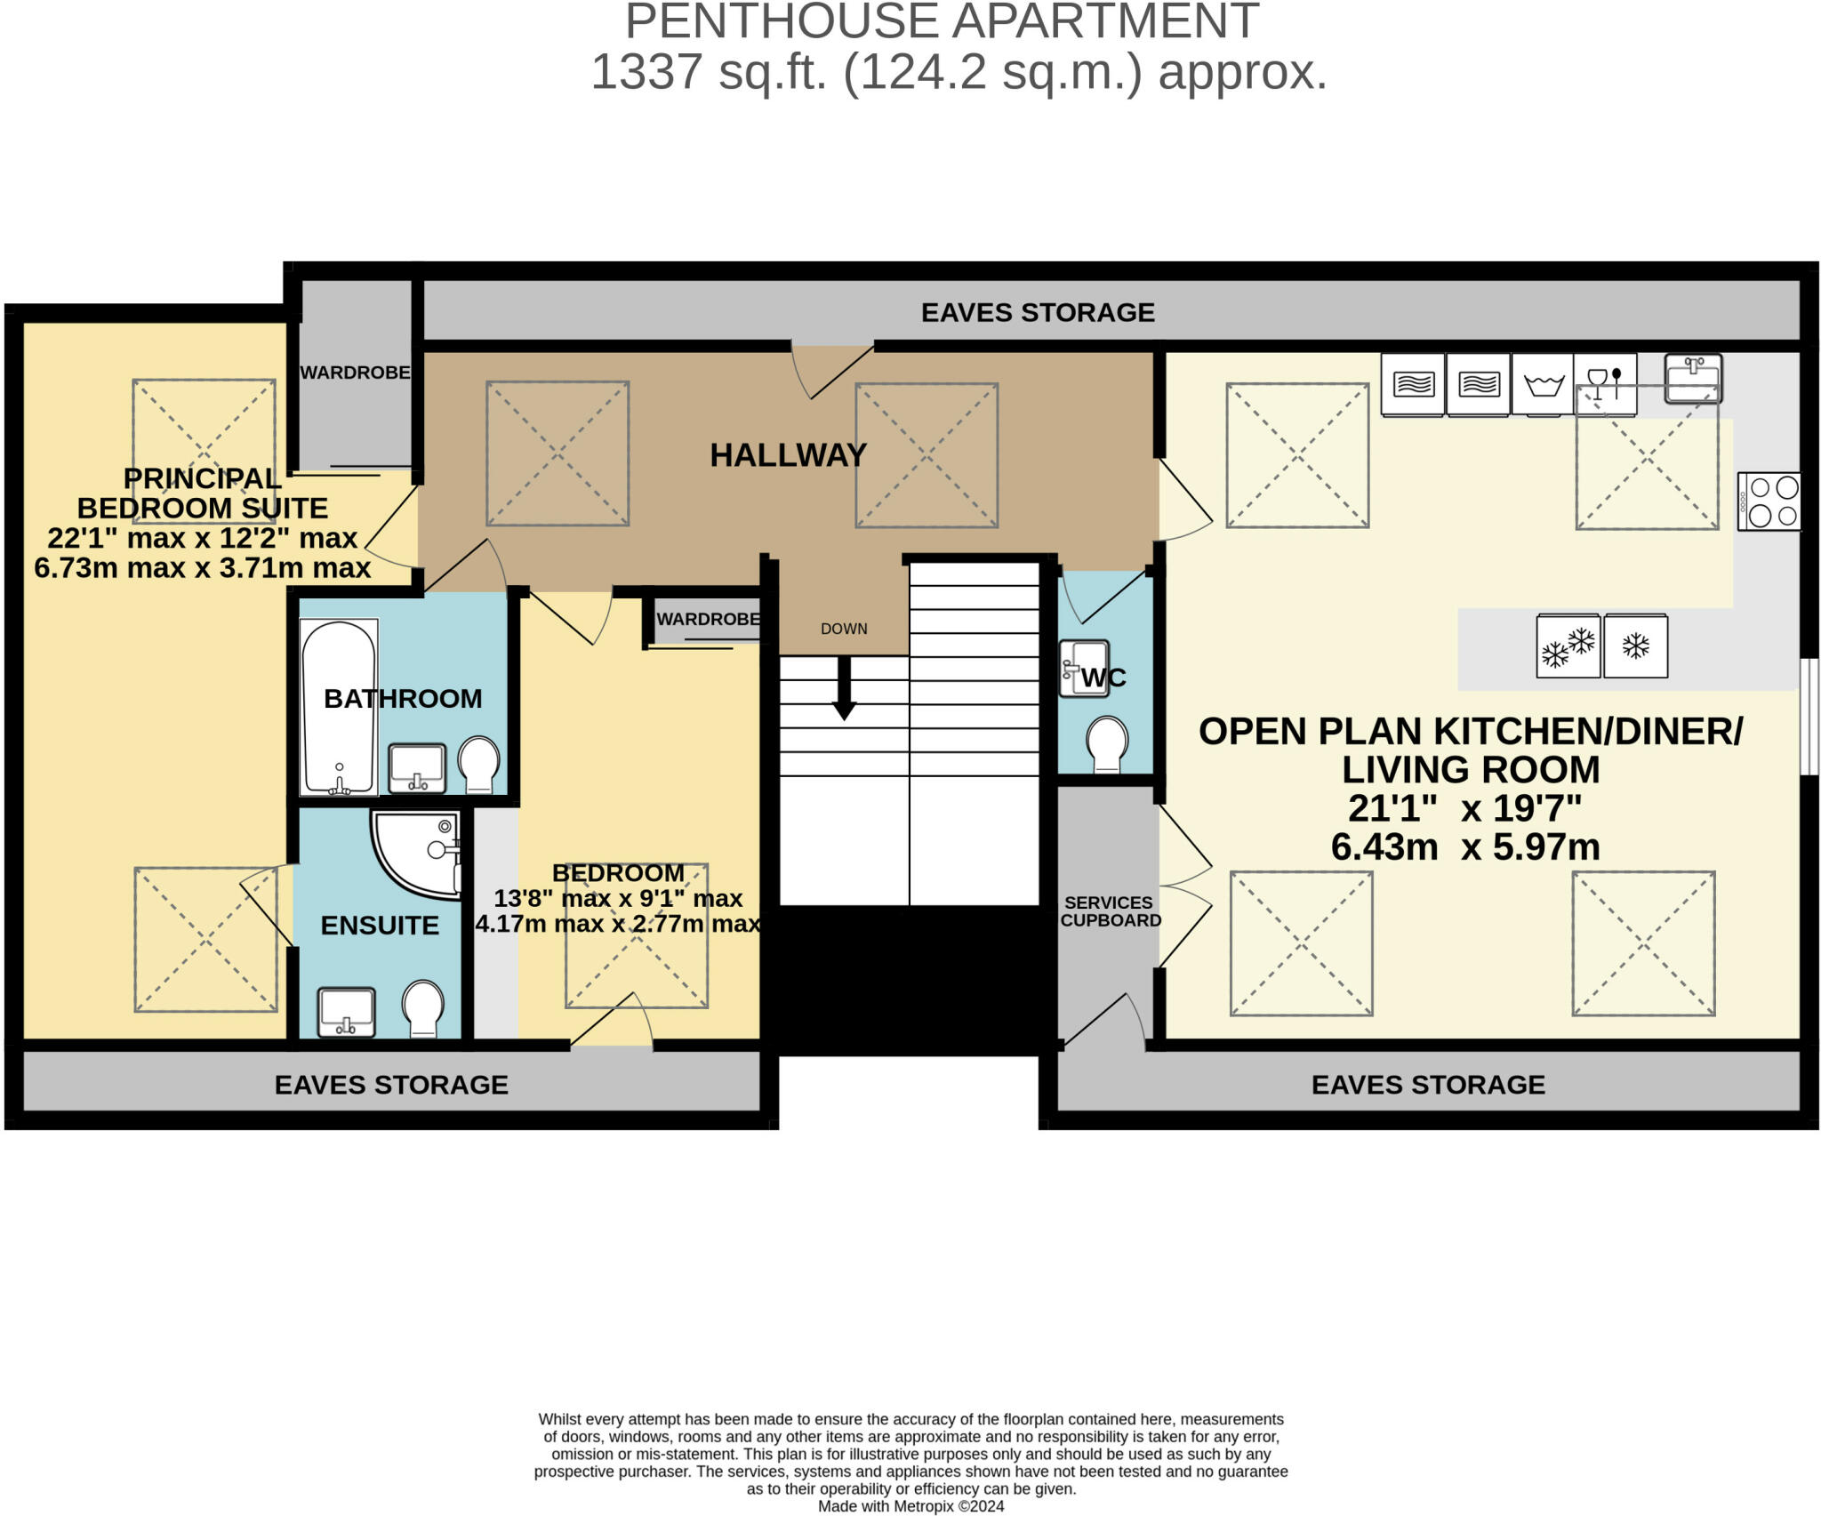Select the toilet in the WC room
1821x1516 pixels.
coord(1108,743)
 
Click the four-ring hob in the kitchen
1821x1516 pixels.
coord(1769,501)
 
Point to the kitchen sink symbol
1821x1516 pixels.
coord(1693,378)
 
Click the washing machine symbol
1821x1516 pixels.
coord(1543,384)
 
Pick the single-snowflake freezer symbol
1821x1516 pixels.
coord(1635,646)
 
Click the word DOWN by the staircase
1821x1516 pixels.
coord(844,629)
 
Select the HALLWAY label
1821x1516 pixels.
coord(788,455)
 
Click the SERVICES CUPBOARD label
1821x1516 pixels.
coord(1110,911)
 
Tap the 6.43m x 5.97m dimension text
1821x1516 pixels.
coord(1464,846)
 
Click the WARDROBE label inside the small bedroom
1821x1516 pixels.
coord(708,619)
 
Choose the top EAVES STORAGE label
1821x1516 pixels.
coord(1038,312)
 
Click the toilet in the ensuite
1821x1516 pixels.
coord(423,1009)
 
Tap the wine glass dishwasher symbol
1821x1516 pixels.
coord(1604,384)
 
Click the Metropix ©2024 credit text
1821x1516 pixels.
coord(910,1506)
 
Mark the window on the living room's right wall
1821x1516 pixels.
coord(1809,717)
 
